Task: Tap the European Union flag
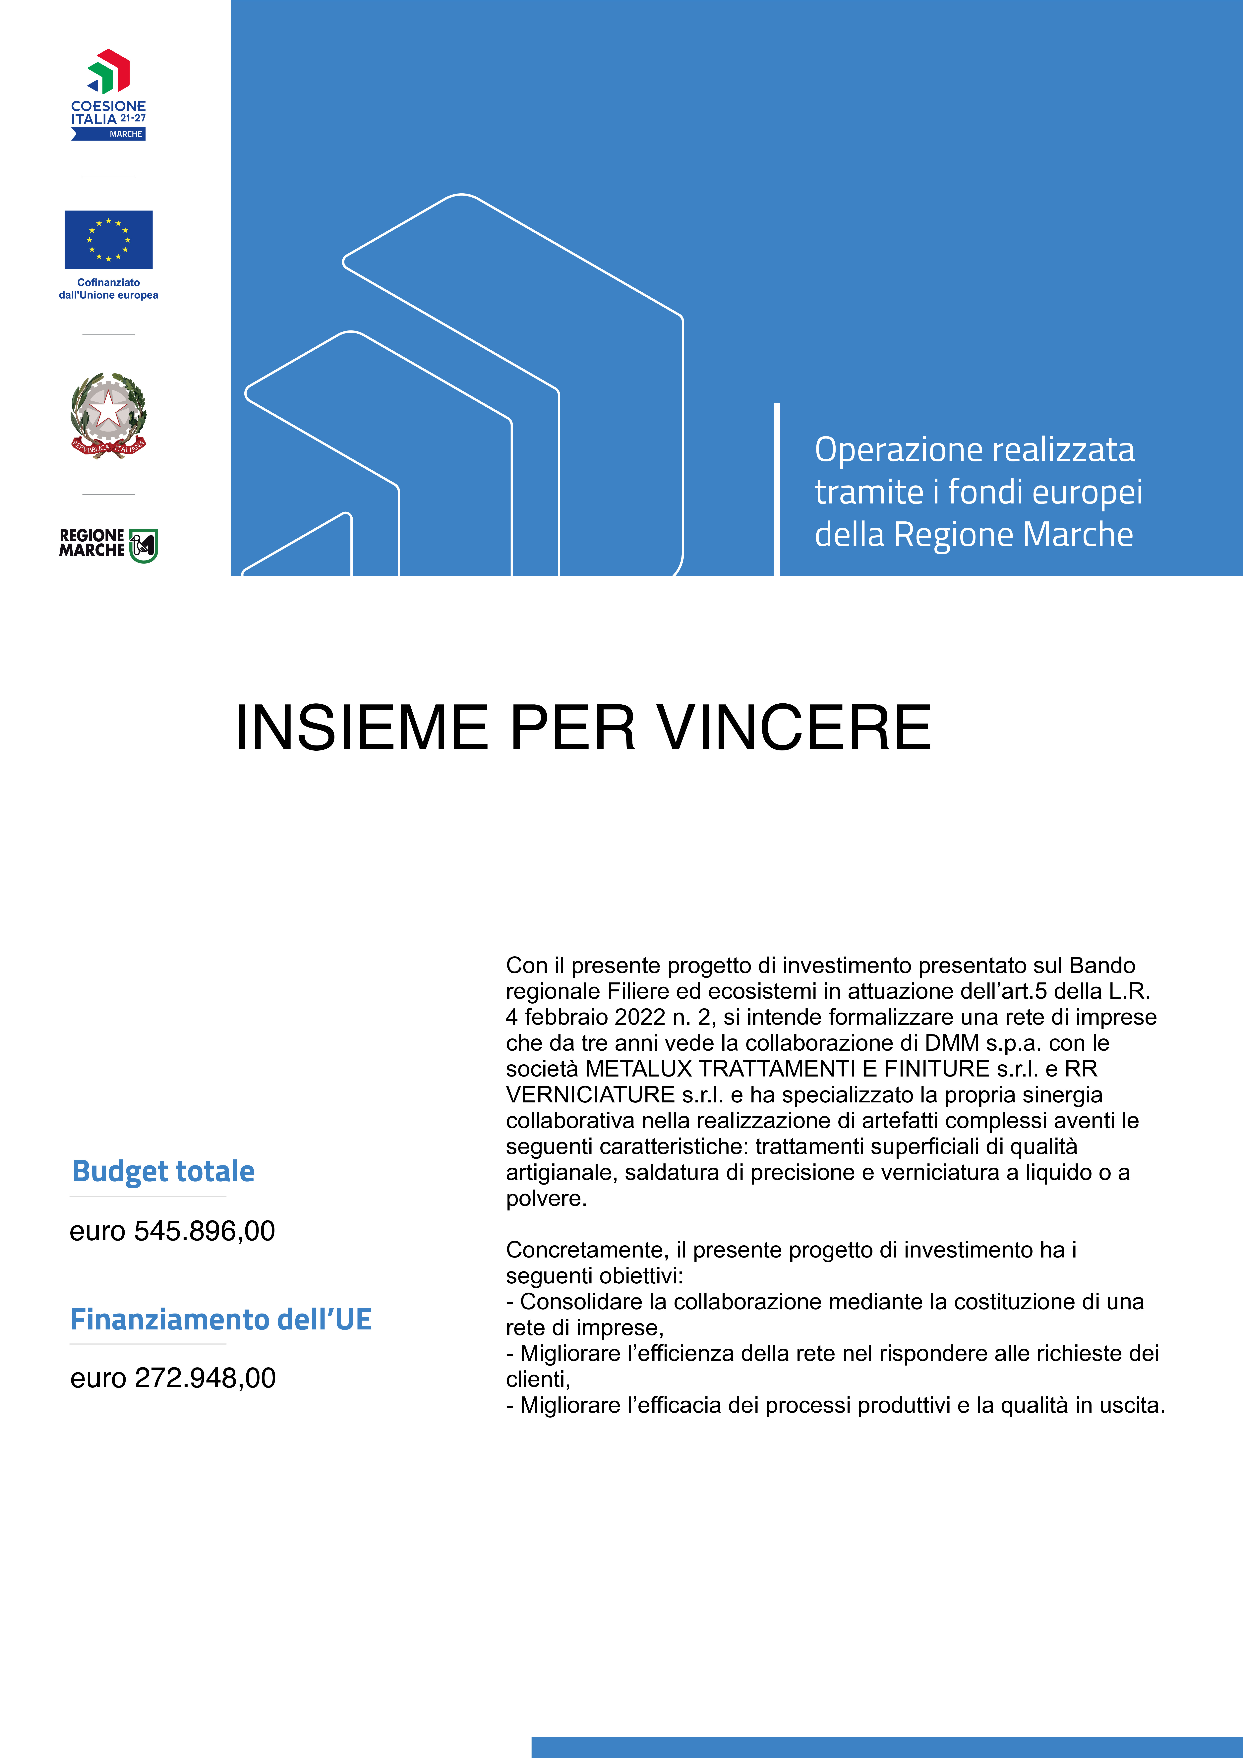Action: click(x=109, y=240)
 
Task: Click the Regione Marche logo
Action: click(x=109, y=544)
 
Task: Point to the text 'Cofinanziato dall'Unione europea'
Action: click(x=109, y=289)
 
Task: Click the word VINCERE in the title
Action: click(x=794, y=728)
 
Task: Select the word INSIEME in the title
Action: click(x=362, y=728)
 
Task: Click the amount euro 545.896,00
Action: click(x=172, y=1231)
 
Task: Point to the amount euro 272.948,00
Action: click(x=173, y=1378)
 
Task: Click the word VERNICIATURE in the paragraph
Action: click(x=590, y=1095)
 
